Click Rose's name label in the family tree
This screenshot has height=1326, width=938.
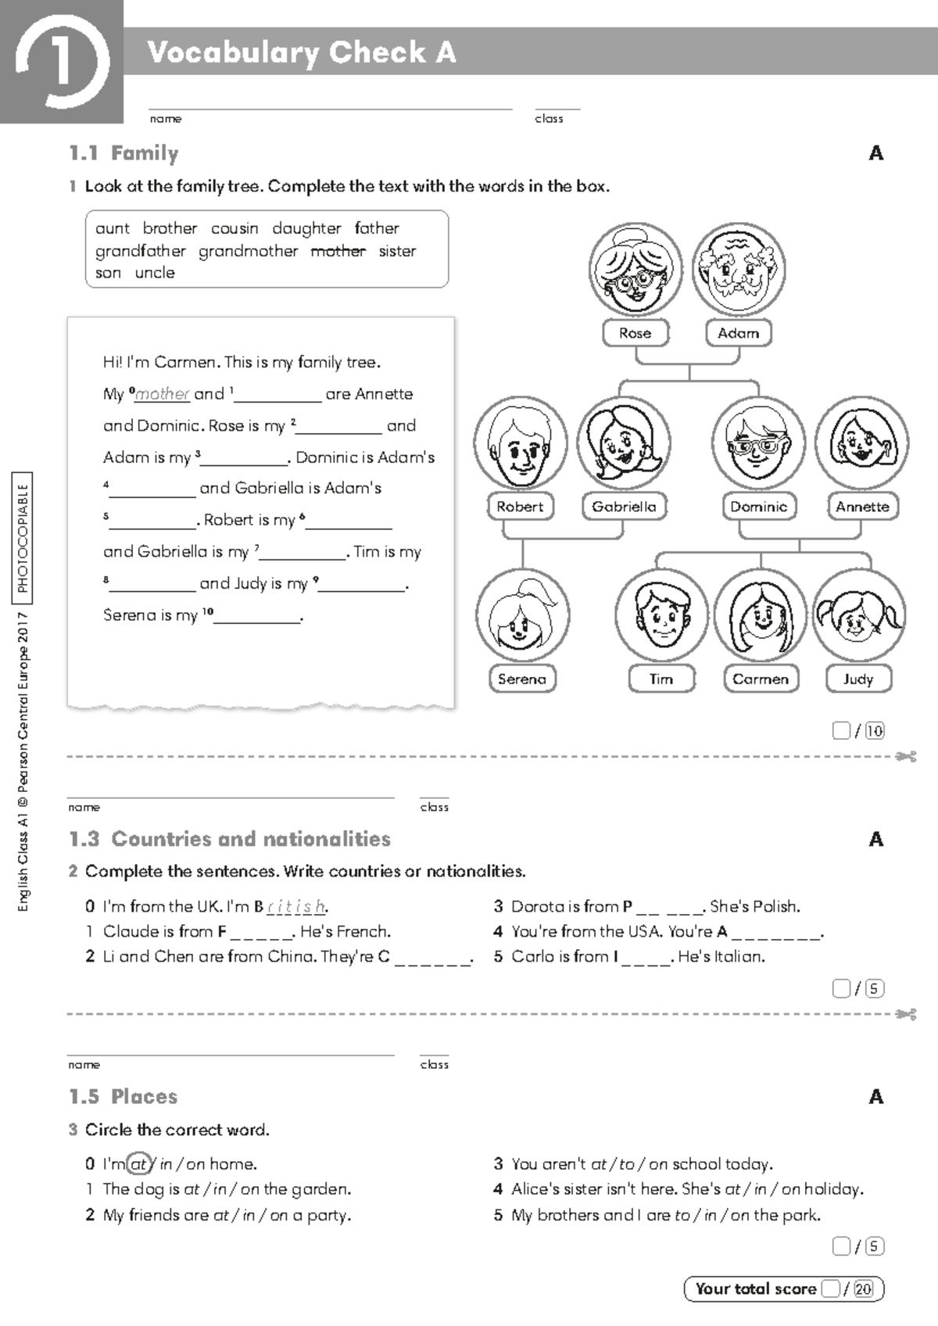[x=635, y=333]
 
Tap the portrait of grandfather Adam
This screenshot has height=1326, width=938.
[x=738, y=270]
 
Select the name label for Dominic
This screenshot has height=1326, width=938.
[x=758, y=507]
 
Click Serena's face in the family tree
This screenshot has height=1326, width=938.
[x=522, y=616]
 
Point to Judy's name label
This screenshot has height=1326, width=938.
[x=857, y=679]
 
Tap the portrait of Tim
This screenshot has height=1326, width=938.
[x=661, y=616]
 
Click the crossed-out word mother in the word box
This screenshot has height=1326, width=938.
[x=338, y=251]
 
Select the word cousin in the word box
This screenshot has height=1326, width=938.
[x=234, y=228]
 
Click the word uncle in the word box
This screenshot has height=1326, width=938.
[x=155, y=273]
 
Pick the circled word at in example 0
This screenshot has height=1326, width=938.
[x=138, y=1164]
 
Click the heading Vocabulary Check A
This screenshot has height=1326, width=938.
[x=302, y=52]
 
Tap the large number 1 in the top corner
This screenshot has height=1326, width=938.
[x=61, y=61]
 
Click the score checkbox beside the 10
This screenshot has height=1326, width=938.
[x=841, y=730]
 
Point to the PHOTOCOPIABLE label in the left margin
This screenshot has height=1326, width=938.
[x=23, y=538]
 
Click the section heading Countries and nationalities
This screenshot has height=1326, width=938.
[x=251, y=839]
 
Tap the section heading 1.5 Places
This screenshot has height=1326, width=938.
[x=124, y=1097]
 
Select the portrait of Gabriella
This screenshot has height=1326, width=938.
[x=623, y=443]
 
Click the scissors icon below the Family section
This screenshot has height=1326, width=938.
[x=907, y=757]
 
